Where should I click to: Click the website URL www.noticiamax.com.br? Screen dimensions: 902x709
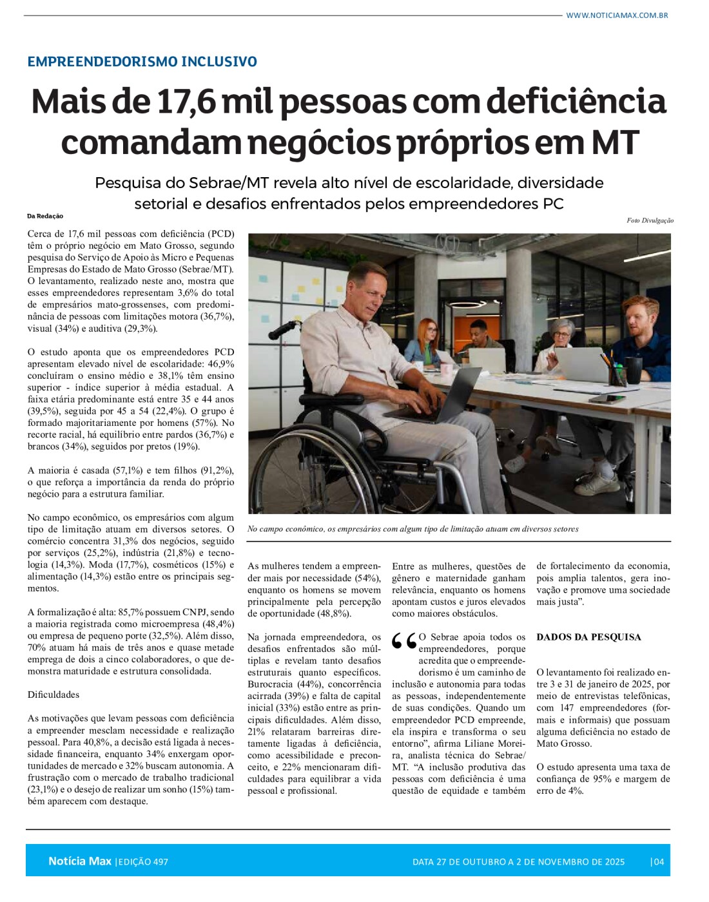(x=616, y=15)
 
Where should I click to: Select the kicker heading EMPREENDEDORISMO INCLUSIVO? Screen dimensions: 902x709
(x=142, y=62)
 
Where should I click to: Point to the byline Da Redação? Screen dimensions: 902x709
(x=45, y=216)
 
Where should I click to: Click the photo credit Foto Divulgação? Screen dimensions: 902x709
(x=650, y=220)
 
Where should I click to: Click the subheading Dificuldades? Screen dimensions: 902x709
(x=53, y=695)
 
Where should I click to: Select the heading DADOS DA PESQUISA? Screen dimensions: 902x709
(x=588, y=637)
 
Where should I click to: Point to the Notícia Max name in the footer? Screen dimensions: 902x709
(x=79, y=861)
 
